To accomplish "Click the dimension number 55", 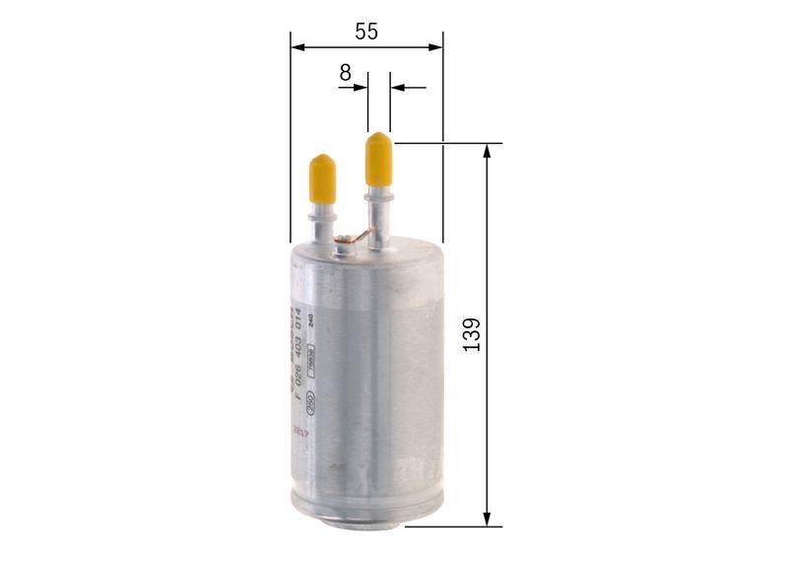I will [366, 32].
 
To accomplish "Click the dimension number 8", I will [345, 72].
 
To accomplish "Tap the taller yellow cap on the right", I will [379, 160].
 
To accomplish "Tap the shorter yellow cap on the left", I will [322, 176].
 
